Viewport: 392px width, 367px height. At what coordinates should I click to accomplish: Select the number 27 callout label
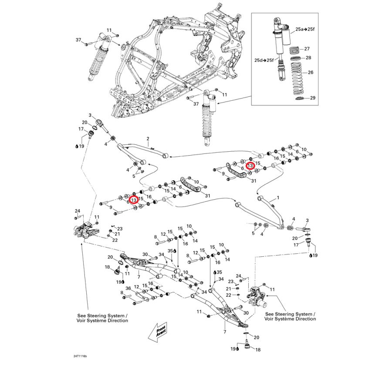[307, 49]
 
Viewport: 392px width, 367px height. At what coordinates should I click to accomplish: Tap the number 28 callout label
[308, 58]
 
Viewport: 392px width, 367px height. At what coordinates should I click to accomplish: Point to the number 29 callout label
[312, 99]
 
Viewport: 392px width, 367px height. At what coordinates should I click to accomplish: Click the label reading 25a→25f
[305, 29]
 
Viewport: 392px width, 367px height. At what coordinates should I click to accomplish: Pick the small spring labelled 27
[295, 49]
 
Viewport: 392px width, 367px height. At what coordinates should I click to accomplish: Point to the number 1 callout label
[277, 198]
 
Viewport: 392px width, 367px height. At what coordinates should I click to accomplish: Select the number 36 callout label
[128, 288]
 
